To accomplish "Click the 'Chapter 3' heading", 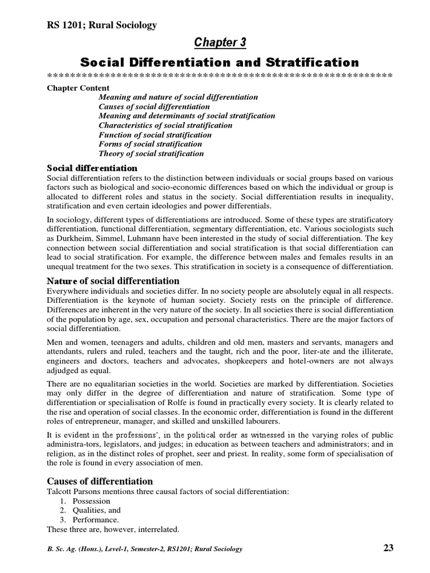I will (219, 43).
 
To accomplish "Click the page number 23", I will (388, 548).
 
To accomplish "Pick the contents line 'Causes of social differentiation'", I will (154, 106).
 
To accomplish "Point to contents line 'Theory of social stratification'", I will (151, 153).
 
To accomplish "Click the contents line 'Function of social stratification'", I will (155, 134).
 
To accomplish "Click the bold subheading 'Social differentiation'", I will (92, 168).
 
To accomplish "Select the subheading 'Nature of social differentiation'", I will (113, 281).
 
